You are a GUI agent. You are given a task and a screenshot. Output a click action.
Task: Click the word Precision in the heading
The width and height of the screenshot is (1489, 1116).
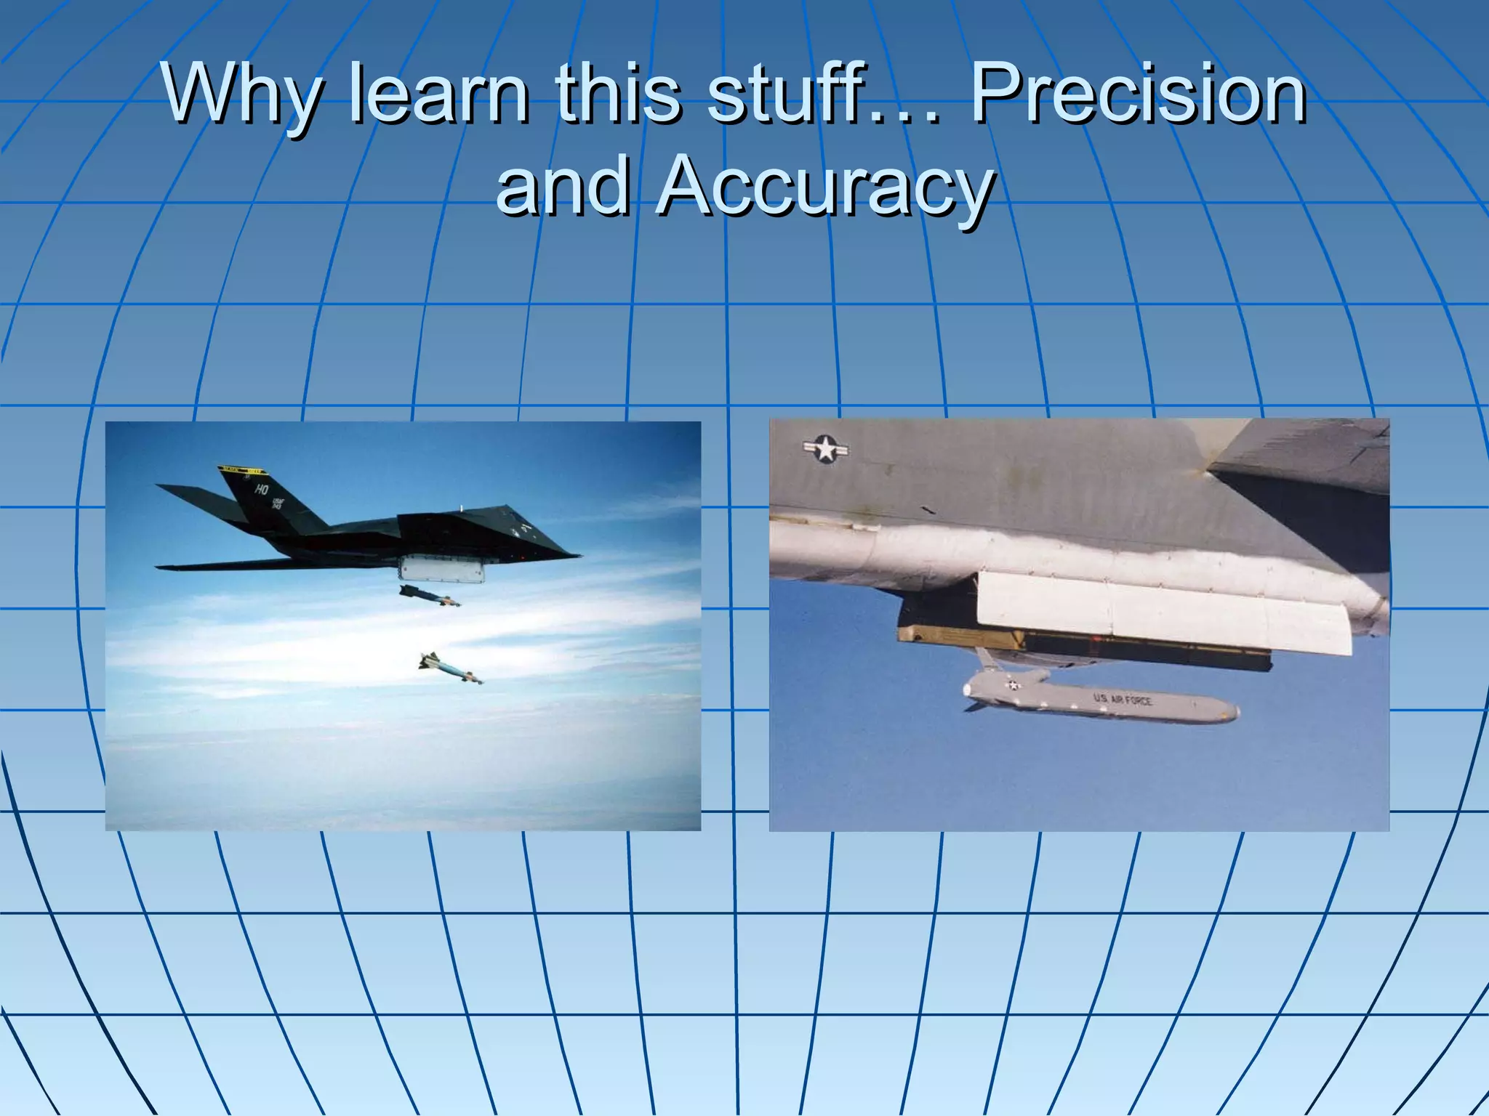point(1139,95)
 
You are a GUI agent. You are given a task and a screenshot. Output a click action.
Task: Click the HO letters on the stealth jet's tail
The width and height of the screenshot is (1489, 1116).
point(261,490)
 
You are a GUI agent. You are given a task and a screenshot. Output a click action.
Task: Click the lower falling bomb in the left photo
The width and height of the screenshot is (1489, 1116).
point(451,668)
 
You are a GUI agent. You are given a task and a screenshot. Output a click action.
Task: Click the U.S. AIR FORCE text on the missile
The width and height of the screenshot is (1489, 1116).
point(1122,700)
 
